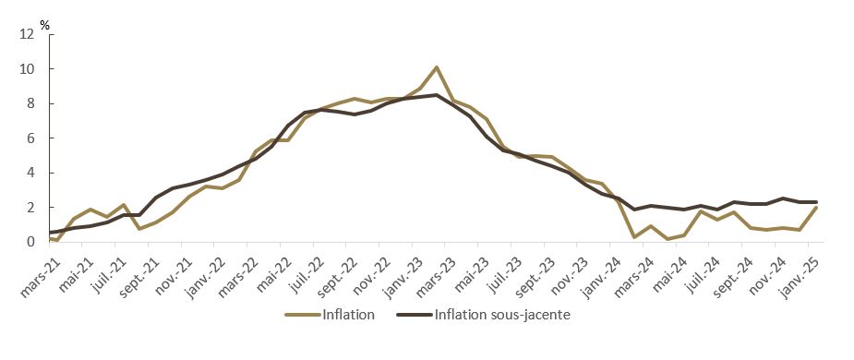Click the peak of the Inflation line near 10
click(x=436, y=67)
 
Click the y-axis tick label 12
click(x=27, y=35)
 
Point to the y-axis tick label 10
click(x=27, y=69)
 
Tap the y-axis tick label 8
click(x=30, y=104)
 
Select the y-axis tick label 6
click(x=30, y=138)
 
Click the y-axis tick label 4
click(x=30, y=174)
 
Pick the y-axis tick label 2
click(x=30, y=208)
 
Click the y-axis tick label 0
click(x=30, y=243)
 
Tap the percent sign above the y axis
click(x=44, y=22)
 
